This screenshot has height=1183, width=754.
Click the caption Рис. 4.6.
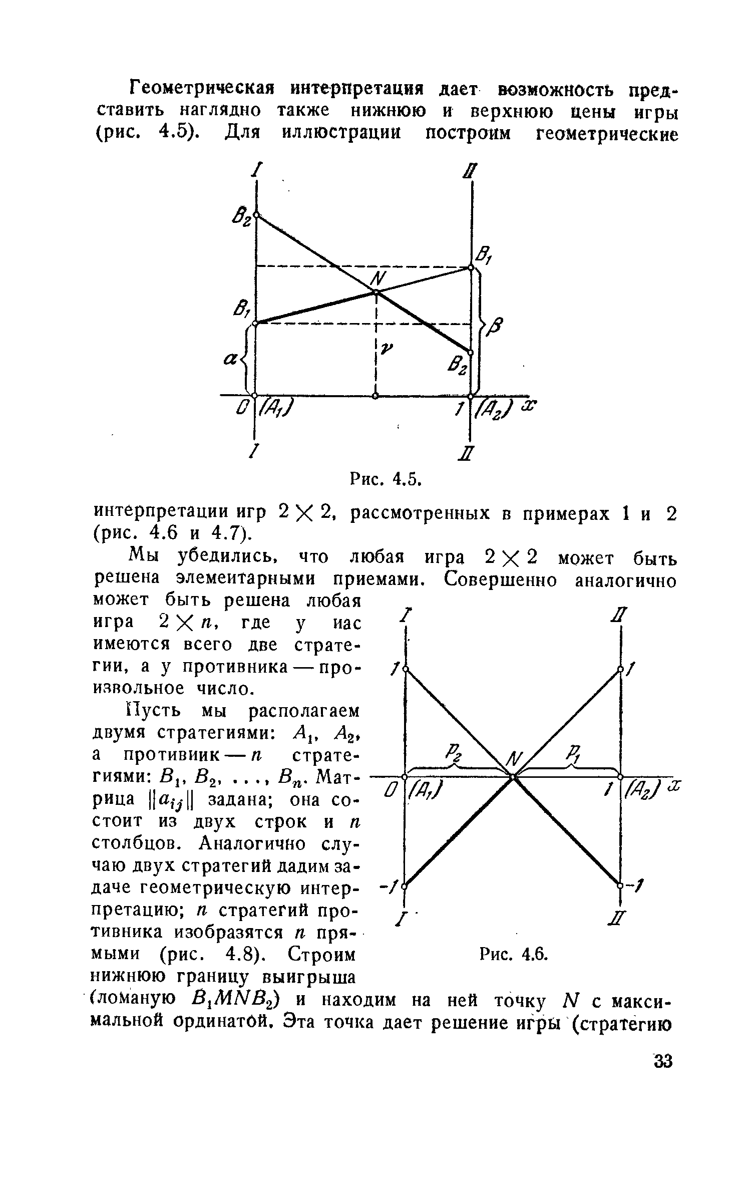[515, 955]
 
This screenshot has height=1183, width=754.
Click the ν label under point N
[385, 350]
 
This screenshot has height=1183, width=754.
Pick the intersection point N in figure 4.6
[513, 777]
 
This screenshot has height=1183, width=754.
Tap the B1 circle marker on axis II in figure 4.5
[471, 268]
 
